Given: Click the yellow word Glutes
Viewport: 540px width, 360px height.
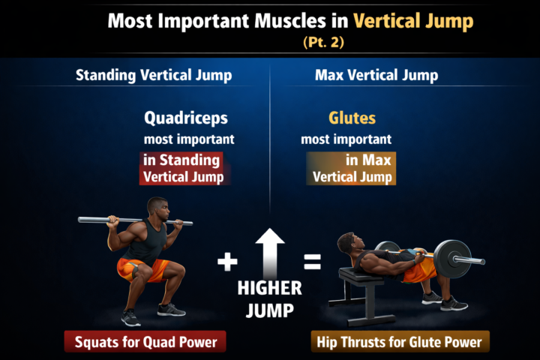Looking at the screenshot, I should (x=352, y=118).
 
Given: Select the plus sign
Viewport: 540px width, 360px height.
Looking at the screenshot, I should (x=226, y=262).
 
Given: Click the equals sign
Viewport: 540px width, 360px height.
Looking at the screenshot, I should (x=312, y=262).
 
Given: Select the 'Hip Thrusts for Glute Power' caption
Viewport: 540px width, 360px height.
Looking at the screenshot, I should (x=400, y=343).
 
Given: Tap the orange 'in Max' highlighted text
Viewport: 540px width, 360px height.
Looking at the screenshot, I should (x=367, y=160).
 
